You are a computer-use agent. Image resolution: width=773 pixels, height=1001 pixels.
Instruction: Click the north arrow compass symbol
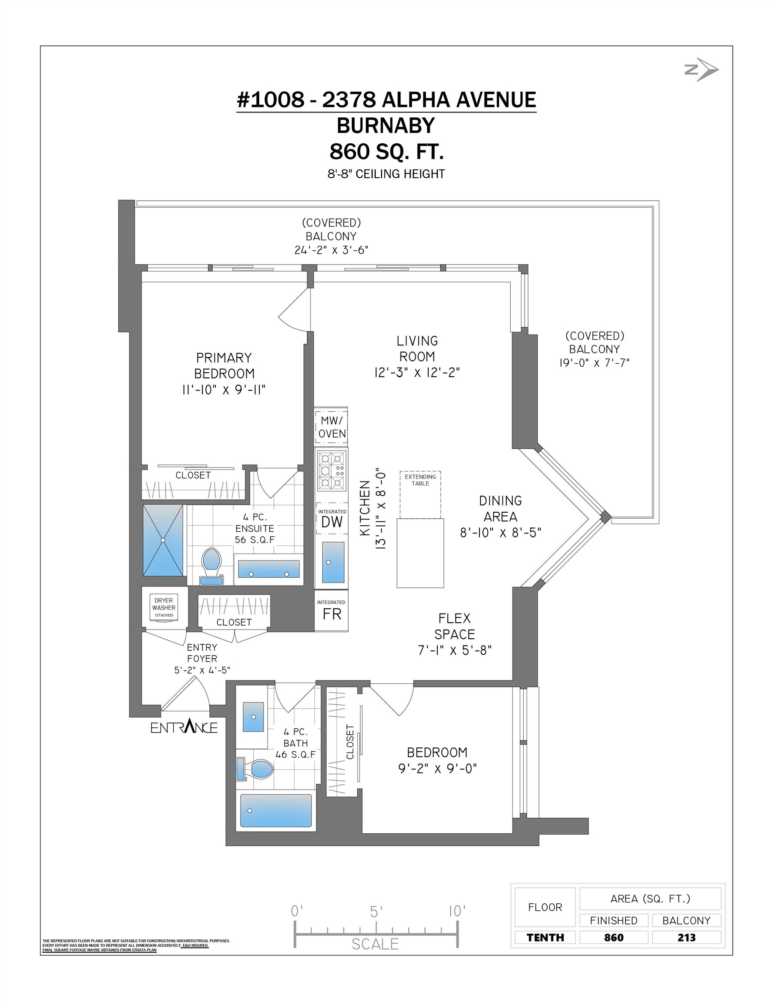(701, 70)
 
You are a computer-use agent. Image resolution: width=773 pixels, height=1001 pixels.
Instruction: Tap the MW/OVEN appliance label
(332, 427)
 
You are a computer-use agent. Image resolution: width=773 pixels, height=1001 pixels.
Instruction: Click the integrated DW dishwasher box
(332, 518)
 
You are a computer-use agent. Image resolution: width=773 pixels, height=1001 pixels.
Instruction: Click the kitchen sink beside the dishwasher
(333, 562)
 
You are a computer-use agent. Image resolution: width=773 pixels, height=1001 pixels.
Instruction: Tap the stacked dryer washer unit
(164, 608)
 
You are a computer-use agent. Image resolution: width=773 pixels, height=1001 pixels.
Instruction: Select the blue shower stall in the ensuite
(163, 540)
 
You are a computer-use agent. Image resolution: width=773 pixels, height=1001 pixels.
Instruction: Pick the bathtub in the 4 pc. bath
(276, 810)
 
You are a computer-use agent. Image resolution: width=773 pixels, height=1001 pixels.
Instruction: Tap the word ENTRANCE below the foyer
(184, 727)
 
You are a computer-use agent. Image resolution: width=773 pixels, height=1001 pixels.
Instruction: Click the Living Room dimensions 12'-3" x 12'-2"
(417, 372)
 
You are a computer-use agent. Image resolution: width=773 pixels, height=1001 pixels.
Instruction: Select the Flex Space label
(455, 626)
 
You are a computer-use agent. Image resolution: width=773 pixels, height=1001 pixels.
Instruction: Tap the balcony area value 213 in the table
(687, 937)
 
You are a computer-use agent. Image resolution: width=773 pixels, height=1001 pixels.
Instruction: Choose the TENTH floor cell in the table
(545, 937)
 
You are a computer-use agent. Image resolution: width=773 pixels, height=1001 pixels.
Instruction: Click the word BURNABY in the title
(386, 126)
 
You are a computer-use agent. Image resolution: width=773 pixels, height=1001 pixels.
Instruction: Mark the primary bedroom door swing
(295, 309)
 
